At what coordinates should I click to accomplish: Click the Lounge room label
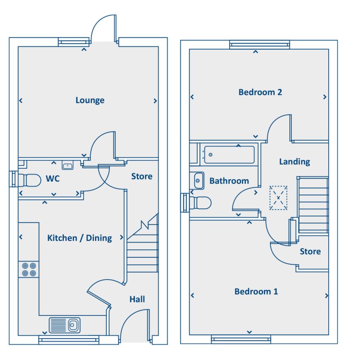[x=90, y=100]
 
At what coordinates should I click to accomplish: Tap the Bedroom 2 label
[x=260, y=92]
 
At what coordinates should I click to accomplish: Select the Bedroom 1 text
[x=256, y=291]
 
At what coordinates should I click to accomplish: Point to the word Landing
[x=294, y=162]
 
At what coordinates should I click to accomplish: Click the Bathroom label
[x=229, y=181]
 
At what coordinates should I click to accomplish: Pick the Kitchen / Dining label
[x=80, y=238]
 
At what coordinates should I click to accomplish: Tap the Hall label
[x=137, y=299]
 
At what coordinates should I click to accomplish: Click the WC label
[x=53, y=178]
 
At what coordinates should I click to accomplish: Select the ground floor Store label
[x=142, y=176]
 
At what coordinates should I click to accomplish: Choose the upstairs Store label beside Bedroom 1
[x=310, y=251]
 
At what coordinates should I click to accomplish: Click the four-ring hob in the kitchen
[x=29, y=269]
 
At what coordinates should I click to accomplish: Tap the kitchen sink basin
[x=64, y=325]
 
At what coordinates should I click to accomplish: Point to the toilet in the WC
[x=30, y=180]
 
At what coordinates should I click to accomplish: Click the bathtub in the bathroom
[x=229, y=155]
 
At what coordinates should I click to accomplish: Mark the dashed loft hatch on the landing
[x=278, y=198]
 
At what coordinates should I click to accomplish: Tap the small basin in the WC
[x=67, y=165]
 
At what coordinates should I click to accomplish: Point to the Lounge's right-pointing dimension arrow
[x=155, y=101]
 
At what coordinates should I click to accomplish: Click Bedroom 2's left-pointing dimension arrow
[x=192, y=97]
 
